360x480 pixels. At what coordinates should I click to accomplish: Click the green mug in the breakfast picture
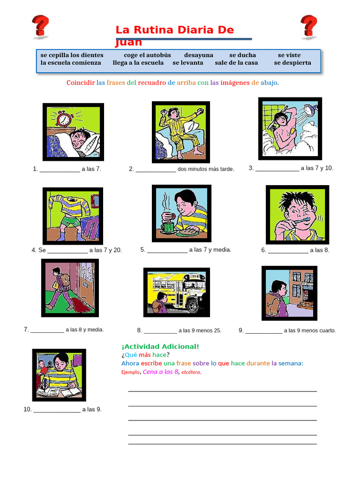pos(167,227)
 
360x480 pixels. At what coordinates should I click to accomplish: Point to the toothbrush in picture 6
pos(300,221)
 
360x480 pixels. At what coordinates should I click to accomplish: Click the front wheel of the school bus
pos(194,304)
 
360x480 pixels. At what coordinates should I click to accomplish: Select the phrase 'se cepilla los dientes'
pos(72,55)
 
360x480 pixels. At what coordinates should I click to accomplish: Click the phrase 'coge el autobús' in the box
pos(147,55)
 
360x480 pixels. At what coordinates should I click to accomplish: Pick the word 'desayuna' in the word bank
pos(198,55)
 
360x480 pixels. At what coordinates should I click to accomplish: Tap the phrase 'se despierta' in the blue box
pos(292,63)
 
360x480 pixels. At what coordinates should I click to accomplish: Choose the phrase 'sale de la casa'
pos(236,63)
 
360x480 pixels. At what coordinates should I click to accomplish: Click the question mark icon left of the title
pos(40,27)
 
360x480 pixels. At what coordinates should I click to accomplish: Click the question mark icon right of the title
pos(308,27)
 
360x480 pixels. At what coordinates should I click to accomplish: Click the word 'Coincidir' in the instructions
pos(81,82)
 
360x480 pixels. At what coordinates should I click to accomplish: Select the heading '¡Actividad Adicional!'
pos(160,346)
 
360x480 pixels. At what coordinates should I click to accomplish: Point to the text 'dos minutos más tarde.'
pos(206,169)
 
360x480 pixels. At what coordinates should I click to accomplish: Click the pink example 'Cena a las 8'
pos(160,372)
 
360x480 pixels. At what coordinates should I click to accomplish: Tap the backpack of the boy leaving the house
pos(65,280)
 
